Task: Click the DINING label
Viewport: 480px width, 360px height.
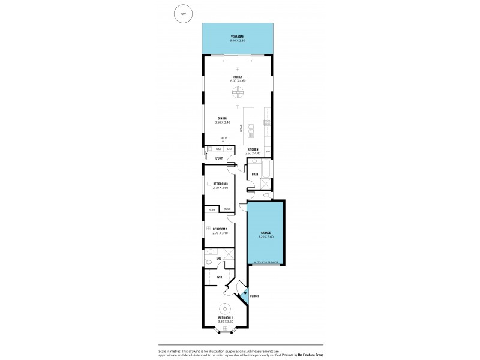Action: click(x=222, y=118)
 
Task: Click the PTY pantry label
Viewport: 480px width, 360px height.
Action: click(x=268, y=152)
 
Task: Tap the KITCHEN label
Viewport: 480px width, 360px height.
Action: click(x=252, y=150)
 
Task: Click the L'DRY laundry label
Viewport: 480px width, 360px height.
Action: click(x=220, y=158)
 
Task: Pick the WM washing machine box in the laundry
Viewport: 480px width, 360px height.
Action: click(x=218, y=149)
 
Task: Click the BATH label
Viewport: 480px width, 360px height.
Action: click(x=255, y=175)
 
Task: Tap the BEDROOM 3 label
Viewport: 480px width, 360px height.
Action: click(x=220, y=184)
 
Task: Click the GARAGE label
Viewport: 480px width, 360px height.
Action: click(x=266, y=232)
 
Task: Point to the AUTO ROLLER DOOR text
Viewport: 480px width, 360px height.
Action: click(x=266, y=263)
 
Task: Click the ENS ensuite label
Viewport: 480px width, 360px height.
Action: click(x=219, y=258)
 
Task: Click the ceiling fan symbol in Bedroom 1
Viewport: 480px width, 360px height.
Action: click(x=225, y=309)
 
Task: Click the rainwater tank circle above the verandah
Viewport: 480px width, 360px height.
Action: click(x=181, y=13)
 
